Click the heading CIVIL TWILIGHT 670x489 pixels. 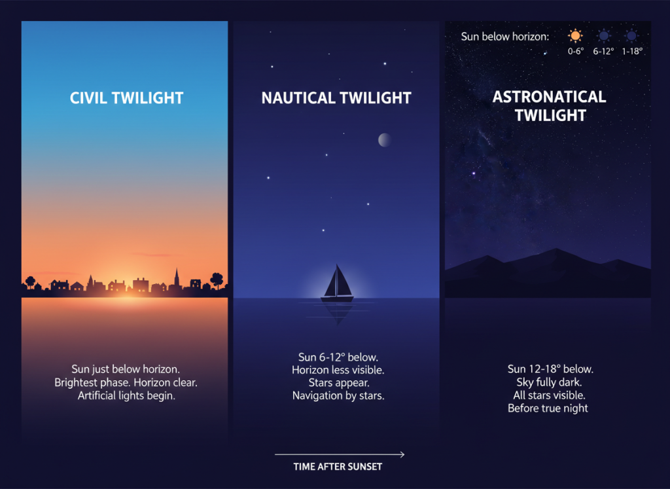click(x=126, y=98)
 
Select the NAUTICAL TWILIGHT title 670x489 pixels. click(x=336, y=98)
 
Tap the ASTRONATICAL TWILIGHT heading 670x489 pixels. click(x=549, y=106)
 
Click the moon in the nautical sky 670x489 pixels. click(x=385, y=139)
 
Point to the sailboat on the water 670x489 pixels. click(x=337, y=284)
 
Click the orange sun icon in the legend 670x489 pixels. click(x=575, y=36)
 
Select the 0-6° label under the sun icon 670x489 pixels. click(x=575, y=50)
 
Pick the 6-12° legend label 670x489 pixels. click(x=603, y=50)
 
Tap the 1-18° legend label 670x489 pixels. click(x=631, y=50)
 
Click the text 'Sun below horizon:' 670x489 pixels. click(x=504, y=37)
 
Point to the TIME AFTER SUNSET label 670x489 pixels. click(x=338, y=467)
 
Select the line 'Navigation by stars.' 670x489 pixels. click(x=338, y=395)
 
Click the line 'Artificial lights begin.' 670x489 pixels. click(x=126, y=395)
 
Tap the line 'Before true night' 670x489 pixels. click(x=548, y=408)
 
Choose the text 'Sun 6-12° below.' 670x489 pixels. click(x=338, y=357)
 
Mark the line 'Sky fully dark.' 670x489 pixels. click(x=549, y=382)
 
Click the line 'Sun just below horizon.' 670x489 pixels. click(x=126, y=369)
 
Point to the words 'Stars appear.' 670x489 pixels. click(x=338, y=382)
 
